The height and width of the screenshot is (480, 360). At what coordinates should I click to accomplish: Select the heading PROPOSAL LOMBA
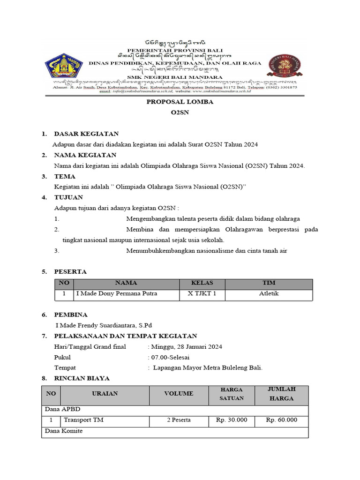[180, 102]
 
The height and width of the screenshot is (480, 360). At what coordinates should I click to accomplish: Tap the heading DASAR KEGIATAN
[86, 134]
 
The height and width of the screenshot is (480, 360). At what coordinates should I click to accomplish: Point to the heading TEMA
[65, 176]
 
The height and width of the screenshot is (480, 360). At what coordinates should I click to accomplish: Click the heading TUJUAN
[68, 197]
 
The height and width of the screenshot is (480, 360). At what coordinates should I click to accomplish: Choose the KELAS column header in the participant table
[202, 283]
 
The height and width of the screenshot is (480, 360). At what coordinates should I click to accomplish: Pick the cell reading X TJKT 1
[202, 294]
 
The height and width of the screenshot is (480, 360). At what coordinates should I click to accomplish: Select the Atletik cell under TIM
[269, 294]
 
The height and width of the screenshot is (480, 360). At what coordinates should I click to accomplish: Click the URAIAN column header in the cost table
[105, 394]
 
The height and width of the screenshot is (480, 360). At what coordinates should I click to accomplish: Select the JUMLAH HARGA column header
[281, 394]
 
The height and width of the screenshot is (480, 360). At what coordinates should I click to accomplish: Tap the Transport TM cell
[83, 420]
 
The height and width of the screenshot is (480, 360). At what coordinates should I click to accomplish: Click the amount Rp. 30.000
[232, 420]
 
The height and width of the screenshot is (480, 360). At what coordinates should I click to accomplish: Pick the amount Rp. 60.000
[281, 420]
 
